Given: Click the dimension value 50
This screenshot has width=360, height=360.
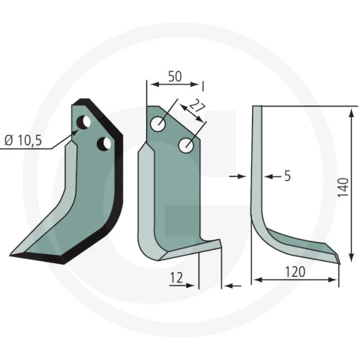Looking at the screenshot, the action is [x=175, y=76].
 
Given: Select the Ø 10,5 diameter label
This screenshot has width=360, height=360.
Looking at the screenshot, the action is [x=23, y=141].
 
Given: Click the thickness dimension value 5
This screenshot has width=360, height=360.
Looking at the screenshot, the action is [x=287, y=176].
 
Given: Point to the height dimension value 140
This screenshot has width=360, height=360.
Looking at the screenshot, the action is [x=343, y=187].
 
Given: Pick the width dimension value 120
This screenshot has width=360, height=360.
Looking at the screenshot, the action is [x=295, y=271].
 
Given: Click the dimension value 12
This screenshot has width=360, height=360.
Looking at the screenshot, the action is [x=177, y=277].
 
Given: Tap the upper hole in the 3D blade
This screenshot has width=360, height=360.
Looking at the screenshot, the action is [x=83, y=122].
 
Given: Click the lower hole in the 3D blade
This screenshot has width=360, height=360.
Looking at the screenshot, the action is [x=104, y=144].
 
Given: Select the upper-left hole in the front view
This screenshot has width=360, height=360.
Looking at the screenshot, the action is [x=157, y=124].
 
